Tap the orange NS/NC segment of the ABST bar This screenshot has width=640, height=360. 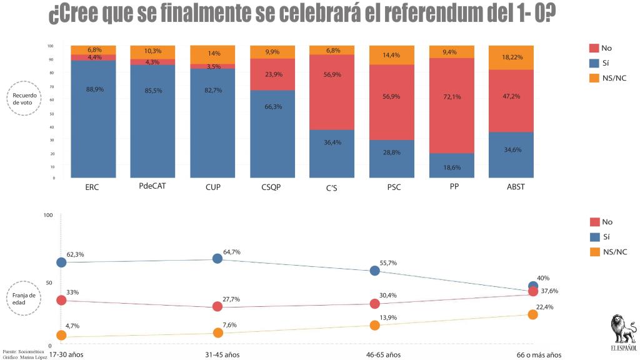tap(511, 57)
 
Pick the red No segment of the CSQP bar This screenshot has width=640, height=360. tap(272, 74)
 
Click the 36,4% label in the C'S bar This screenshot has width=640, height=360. tap(332, 160)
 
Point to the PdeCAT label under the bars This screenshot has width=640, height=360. tap(153, 186)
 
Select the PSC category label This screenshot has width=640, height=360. tap(392, 187)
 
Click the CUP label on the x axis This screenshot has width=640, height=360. tap(212, 187)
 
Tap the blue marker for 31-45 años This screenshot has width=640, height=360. tap(217, 259)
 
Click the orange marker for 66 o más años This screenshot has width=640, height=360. tap(532, 314)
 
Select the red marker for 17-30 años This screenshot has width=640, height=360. tap(61, 301)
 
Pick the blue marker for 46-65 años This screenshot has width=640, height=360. tap(375, 271)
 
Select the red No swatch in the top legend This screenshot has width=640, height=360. tap(594, 48)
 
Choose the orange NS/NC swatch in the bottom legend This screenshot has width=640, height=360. tap(594, 252)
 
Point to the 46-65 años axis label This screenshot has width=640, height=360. tap(383, 355)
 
